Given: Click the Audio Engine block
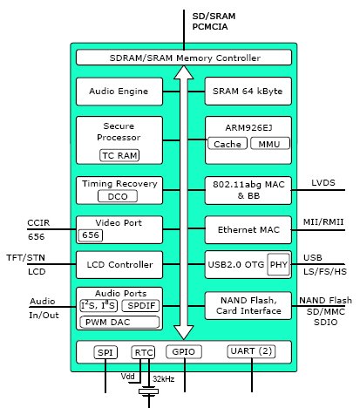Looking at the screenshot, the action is pyautogui.click(x=119, y=92).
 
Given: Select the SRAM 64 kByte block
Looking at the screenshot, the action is pyautogui.click(x=248, y=91).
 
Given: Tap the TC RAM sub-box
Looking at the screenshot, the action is pyautogui.click(x=119, y=155).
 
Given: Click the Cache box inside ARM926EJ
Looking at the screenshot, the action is pyautogui.click(x=228, y=144).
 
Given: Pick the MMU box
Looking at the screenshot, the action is pyautogui.click(x=270, y=144).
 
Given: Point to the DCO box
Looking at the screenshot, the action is pyautogui.click(x=118, y=196).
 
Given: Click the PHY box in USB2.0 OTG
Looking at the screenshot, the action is pyautogui.click(x=279, y=264).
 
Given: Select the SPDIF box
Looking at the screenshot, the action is pyautogui.click(x=140, y=306).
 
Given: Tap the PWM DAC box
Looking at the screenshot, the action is pyautogui.click(x=119, y=323).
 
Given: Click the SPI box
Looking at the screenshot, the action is pyautogui.click(x=105, y=352).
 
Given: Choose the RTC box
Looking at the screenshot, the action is pyautogui.click(x=143, y=352).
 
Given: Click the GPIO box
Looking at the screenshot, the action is pyautogui.click(x=184, y=351).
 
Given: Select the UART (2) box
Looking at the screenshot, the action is pyautogui.click(x=251, y=351).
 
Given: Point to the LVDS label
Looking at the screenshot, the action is pyautogui.click(x=323, y=183).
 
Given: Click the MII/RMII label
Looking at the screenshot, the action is pyautogui.click(x=323, y=222).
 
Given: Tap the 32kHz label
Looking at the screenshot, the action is pyautogui.click(x=164, y=379).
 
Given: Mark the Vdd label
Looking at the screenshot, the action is pyautogui.click(x=128, y=377).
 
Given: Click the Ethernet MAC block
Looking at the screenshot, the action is pyautogui.click(x=248, y=230).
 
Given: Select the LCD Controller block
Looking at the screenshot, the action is pyautogui.click(x=119, y=265).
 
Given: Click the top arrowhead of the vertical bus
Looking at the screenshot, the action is pyautogui.click(x=184, y=72).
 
